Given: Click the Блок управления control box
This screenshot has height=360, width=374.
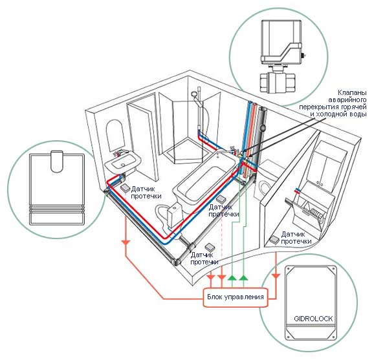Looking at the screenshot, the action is pos(236,297).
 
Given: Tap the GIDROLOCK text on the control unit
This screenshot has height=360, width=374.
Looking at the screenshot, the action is pos(313,319).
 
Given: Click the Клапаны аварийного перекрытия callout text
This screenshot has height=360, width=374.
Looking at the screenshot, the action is pos(333,103).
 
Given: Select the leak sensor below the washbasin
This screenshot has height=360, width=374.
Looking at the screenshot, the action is pos(124,188).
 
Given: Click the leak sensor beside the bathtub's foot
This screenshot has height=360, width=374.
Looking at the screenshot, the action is pos(221,198).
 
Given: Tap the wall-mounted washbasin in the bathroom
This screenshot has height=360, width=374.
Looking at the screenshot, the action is pos(122,162).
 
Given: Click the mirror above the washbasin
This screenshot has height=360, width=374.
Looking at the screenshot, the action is pos(115,136).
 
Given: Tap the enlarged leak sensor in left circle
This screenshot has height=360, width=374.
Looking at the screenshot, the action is pos(57,187).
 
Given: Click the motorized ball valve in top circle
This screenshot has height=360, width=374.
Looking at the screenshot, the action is pos(281,56).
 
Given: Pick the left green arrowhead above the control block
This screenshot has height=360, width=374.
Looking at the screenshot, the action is pos(232,277).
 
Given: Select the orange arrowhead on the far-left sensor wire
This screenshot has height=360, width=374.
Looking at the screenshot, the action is pos(126,243).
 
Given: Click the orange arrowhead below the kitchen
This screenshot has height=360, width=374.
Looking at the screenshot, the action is pos(276,276).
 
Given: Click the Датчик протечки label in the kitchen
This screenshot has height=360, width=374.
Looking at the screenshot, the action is pos(296,238).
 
